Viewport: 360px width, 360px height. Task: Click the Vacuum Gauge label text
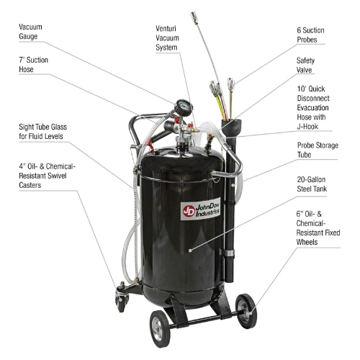click(30, 32)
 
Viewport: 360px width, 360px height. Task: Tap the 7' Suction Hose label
click(33, 65)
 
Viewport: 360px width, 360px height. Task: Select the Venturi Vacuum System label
click(167, 38)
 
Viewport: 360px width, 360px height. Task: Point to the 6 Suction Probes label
click(310, 35)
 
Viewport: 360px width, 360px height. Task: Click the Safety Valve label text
click(305, 65)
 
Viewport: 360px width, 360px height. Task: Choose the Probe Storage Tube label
click(318, 150)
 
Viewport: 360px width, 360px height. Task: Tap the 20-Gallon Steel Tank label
click(312, 184)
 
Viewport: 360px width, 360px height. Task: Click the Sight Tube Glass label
click(42, 131)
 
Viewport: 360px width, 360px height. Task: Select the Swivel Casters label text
click(47, 176)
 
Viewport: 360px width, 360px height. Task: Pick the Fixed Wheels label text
click(318, 228)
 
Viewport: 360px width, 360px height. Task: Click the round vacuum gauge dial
click(184, 107)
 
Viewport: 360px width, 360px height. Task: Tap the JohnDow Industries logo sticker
click(200, 209)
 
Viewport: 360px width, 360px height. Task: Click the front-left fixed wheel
click(160, 329)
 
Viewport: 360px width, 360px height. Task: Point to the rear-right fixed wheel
click(246, 311)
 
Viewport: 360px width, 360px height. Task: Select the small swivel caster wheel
click(122, 302)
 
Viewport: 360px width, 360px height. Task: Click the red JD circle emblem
click(189, 211)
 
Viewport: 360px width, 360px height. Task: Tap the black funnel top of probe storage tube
click(231, 127)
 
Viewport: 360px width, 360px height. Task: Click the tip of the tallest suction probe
click(194, 15)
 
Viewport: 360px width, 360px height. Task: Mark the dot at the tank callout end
click(190, 251)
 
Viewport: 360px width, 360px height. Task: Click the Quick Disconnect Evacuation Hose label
click(313, 107)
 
